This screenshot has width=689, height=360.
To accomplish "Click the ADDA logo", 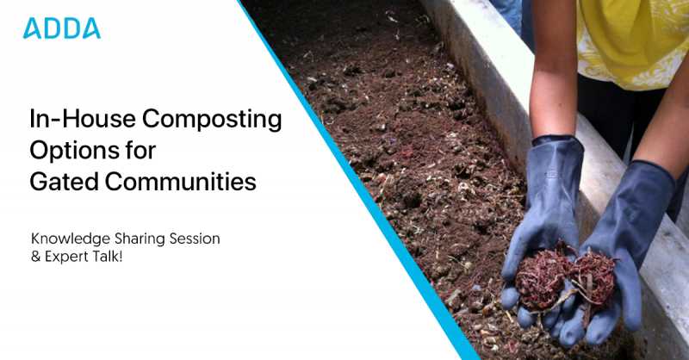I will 62,28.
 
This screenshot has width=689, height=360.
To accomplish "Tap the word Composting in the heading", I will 203,120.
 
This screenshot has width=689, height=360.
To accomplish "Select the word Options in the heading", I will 66,151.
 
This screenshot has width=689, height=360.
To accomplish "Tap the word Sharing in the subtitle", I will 140,238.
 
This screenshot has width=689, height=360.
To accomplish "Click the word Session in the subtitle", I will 198,238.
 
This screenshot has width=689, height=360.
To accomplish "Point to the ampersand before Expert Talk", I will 35,256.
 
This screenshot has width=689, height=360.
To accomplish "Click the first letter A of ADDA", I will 32,28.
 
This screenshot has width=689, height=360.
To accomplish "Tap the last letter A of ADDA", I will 91,28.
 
